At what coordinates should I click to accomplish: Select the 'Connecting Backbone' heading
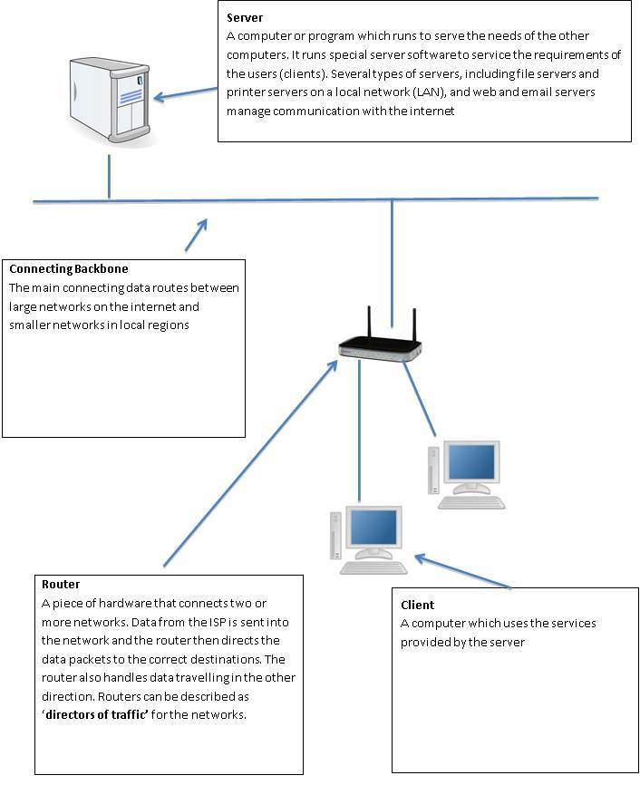pos(68,269)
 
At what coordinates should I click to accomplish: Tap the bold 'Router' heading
pos(61,585)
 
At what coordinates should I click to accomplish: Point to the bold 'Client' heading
pos(417,605)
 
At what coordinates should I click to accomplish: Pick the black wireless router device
pos(380,348)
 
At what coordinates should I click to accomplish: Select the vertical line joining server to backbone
pos(110,176)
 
